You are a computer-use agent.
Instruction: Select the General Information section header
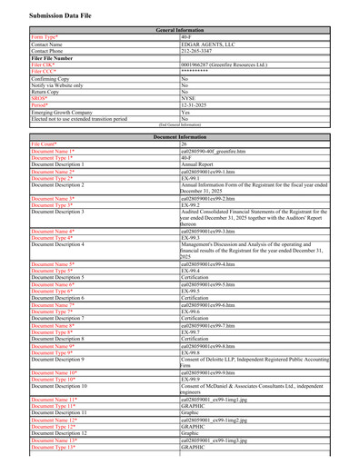[x=180, y=30]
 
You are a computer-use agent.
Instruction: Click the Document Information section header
[x=180, y=136]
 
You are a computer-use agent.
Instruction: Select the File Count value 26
[x=185, y=143]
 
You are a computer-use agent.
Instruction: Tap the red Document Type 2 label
[x=52, y=178]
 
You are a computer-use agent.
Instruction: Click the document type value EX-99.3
[x=193, y=238]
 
